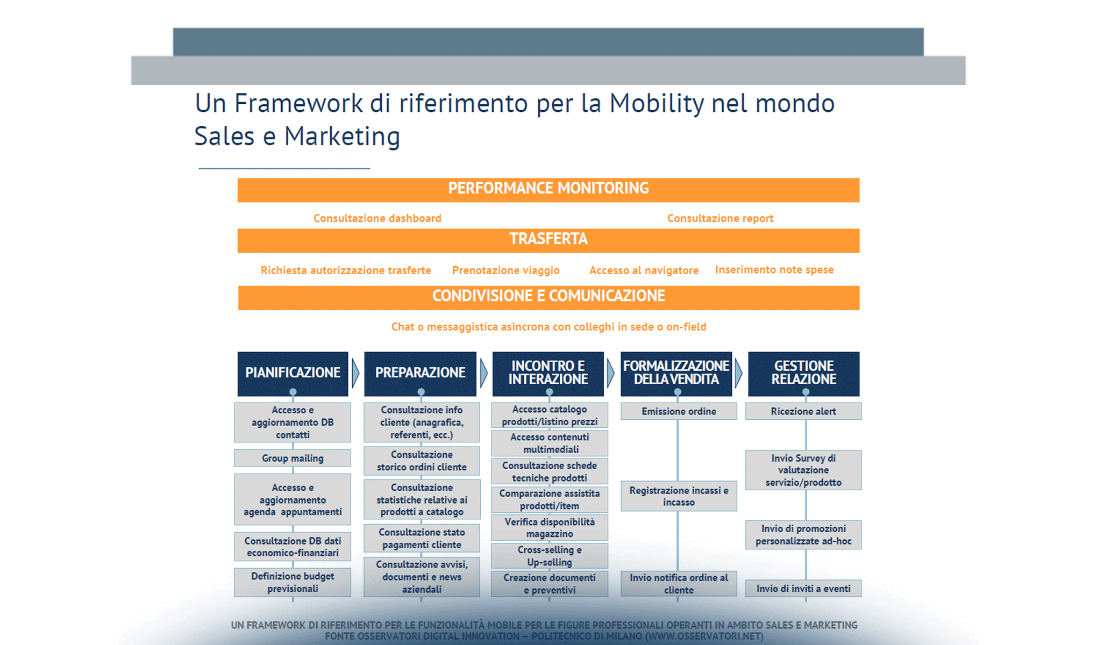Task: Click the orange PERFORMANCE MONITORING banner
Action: pyautogui.click(x=548, y=190)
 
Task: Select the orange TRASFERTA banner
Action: pyautogui.click(x=548, y=240)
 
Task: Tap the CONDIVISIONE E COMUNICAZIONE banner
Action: pyautogui.click(x=548, y=297)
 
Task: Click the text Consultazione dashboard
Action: pyautogui.click(x=377, y=218)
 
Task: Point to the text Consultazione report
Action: pyautogui.click(x=720, y=218)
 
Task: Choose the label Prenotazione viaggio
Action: pyautogui.click(x=505, y=270)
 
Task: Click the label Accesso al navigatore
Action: pyautogui.click(x=644, y=270)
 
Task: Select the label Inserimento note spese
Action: pyautogui.click(x=774, y=270)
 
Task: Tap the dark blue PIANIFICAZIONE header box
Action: pyautogui.click(x=293, y=373)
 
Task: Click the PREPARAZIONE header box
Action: pyautogui.click(x=420, y=373)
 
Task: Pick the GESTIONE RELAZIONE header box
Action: pyautogui.click(x=803, y=373)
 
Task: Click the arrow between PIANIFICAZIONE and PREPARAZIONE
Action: pyautogui.click(x=355, y=373)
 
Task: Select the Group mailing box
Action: pyautogui.click(x=293, y=458)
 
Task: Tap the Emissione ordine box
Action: pyautogui.click(x=679, y=411)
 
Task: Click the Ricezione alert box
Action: pyautogui.click(x=803, y=411)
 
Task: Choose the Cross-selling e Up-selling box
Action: pyautogui.click(x=550, y=556)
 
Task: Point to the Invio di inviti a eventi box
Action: pyautogui.click(x=803, y=589)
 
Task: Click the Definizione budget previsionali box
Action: pyautogui.click(x=293, y=582)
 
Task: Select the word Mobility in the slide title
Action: pyautogui.click(x=656, y=103)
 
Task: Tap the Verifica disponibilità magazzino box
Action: pyautogui.click(x=550, y=528)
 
